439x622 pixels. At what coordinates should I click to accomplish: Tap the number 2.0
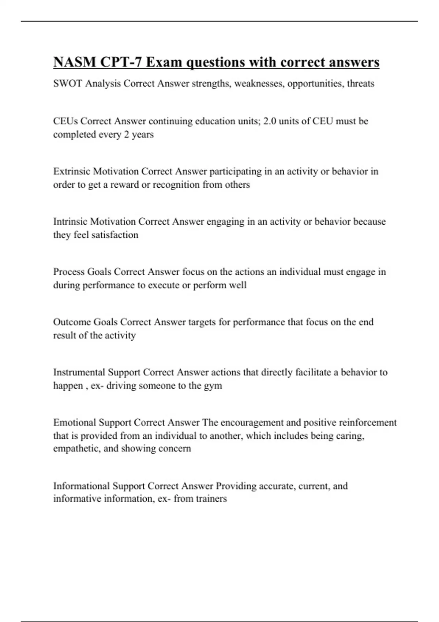(x=270, y=121)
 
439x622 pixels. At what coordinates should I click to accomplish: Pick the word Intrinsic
(x=70, y=221)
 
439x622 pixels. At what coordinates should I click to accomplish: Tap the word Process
(x=69, y=272)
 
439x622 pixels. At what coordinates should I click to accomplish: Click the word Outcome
(x=72, y=322)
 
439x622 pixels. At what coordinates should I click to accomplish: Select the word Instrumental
(x=79, y=372)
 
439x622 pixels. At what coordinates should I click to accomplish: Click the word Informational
(x=81, y=486)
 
